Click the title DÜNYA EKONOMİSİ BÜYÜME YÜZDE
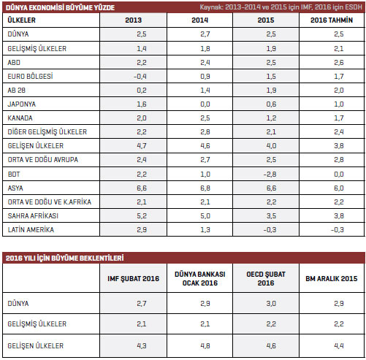click(60, 7)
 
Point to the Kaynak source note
click(281, 7)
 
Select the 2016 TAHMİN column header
click(332, 20)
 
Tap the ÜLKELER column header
click(21, 20)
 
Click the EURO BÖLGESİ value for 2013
click(140, 77)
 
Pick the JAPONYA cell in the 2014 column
click(205, 104)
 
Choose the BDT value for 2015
click(270, 175)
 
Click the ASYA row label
click(15, 188)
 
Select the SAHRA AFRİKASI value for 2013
click(142, 216)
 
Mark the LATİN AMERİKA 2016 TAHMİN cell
click(337, 230)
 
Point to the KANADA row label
click(20, 118)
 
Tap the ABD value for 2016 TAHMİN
click(339, 63)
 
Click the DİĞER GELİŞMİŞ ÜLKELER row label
click(47, 132)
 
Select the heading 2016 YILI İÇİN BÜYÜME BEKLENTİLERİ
click(65, 258)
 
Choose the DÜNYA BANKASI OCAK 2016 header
click(200, 279)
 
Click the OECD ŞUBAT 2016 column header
click(266, 279)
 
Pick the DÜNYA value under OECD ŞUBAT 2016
click(271, 304)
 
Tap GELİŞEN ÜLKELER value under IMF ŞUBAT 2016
click(142, 346)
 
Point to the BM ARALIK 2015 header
click(332, 279)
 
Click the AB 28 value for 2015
click(271, 91)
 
